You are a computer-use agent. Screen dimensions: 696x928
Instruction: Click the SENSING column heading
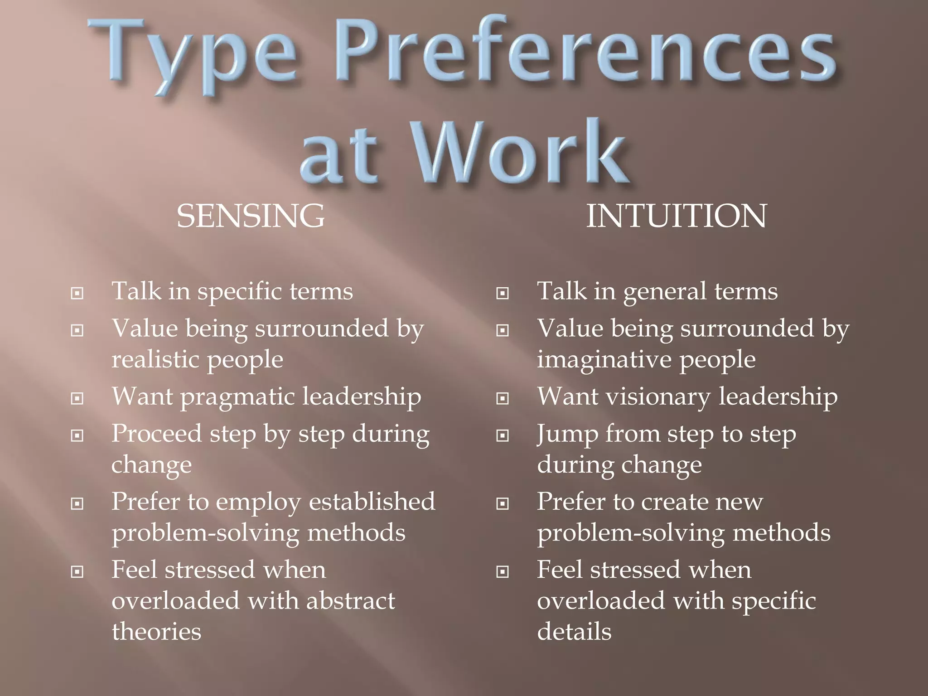(251, 216)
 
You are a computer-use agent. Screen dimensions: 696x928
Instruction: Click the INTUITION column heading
(676, 216)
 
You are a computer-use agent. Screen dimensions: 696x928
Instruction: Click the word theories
(156, 632)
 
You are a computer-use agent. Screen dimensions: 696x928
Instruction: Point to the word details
(574, 632)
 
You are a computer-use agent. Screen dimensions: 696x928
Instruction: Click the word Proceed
(156, 434)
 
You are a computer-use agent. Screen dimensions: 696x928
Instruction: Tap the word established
(372, 502)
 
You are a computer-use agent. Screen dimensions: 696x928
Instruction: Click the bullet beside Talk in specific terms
(77, 294)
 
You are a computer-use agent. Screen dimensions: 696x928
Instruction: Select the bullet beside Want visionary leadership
(503, 399)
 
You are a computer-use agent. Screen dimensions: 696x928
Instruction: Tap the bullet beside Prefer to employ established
(77, 504)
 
